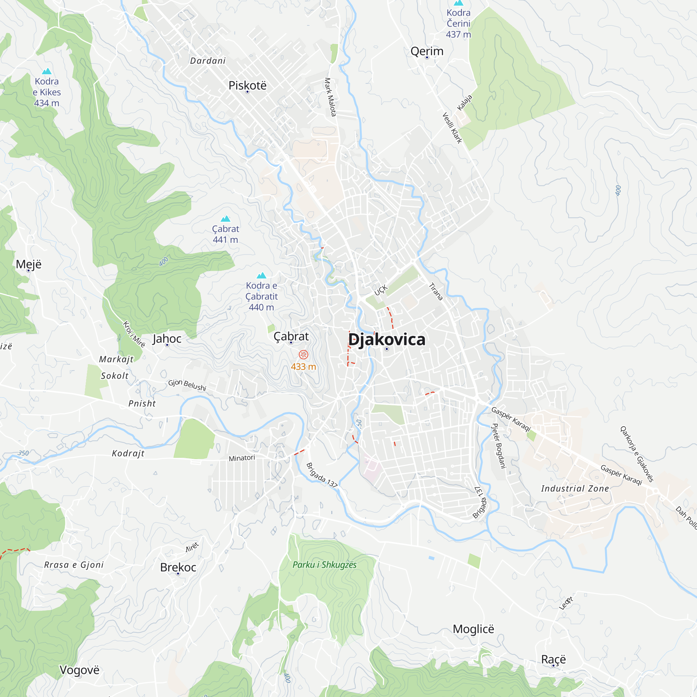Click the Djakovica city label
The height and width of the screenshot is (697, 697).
[386, 340]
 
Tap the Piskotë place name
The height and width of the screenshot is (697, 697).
[247, 85]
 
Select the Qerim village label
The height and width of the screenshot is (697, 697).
[427, 51]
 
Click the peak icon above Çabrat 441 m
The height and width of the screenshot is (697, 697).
[225, 219]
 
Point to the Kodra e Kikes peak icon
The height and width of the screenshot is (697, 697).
[47, 71]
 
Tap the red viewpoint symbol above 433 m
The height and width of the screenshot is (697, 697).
[304, 355]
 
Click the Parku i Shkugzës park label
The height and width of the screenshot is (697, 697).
[324, 565]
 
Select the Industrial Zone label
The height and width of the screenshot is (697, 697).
[575, 489]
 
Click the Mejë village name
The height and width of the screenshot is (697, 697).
[29, 264]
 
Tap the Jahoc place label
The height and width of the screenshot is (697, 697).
[167, 338]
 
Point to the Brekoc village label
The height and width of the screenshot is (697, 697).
[178, 567]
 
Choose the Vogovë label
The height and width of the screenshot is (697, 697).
[79, 670]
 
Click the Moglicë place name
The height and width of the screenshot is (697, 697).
[473, 629]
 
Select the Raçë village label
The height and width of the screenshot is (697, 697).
[553, 659]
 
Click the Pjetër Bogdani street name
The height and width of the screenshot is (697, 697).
[499, 446]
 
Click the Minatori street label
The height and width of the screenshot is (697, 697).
[242, 458]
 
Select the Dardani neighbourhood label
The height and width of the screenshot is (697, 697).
[208, 61]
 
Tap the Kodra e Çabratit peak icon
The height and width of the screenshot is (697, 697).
[262, 276]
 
